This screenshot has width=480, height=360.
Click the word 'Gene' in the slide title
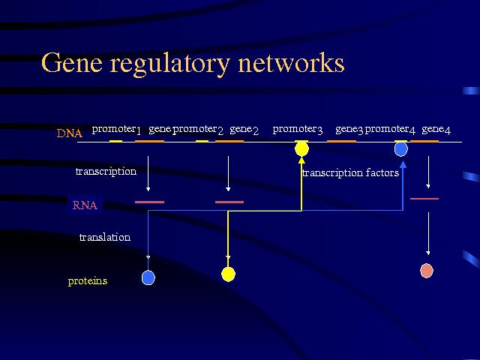[x=70, y=63]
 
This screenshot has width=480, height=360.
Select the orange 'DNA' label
[x=69, y=133]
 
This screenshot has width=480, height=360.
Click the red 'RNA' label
[x=84, y=205]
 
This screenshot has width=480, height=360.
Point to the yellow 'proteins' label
[x=87, y=281]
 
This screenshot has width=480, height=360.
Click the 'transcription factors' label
[x=350, y=173]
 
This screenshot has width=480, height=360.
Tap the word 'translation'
[x=105, y=238]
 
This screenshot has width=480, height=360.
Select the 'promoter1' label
[x=116, y=129]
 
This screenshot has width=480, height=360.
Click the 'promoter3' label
[x=298, y=129]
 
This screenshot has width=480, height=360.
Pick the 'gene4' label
[x=436, y=129]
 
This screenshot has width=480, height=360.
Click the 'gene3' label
[x=349, y=129]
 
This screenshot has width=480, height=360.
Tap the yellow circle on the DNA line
[x=301, y=148]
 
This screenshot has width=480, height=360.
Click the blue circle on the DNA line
[x=400, y=148]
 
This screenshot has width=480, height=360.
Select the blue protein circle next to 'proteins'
[x=148, y=277]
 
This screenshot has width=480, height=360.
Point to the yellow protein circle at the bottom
[x=228, y=274]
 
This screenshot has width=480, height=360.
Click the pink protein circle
[x=427, y=270]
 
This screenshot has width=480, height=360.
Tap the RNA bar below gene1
[x=149, y=202]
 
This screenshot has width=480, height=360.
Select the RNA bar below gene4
[x=424, y=198]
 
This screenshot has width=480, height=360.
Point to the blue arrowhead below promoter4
[x=403, y=163]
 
